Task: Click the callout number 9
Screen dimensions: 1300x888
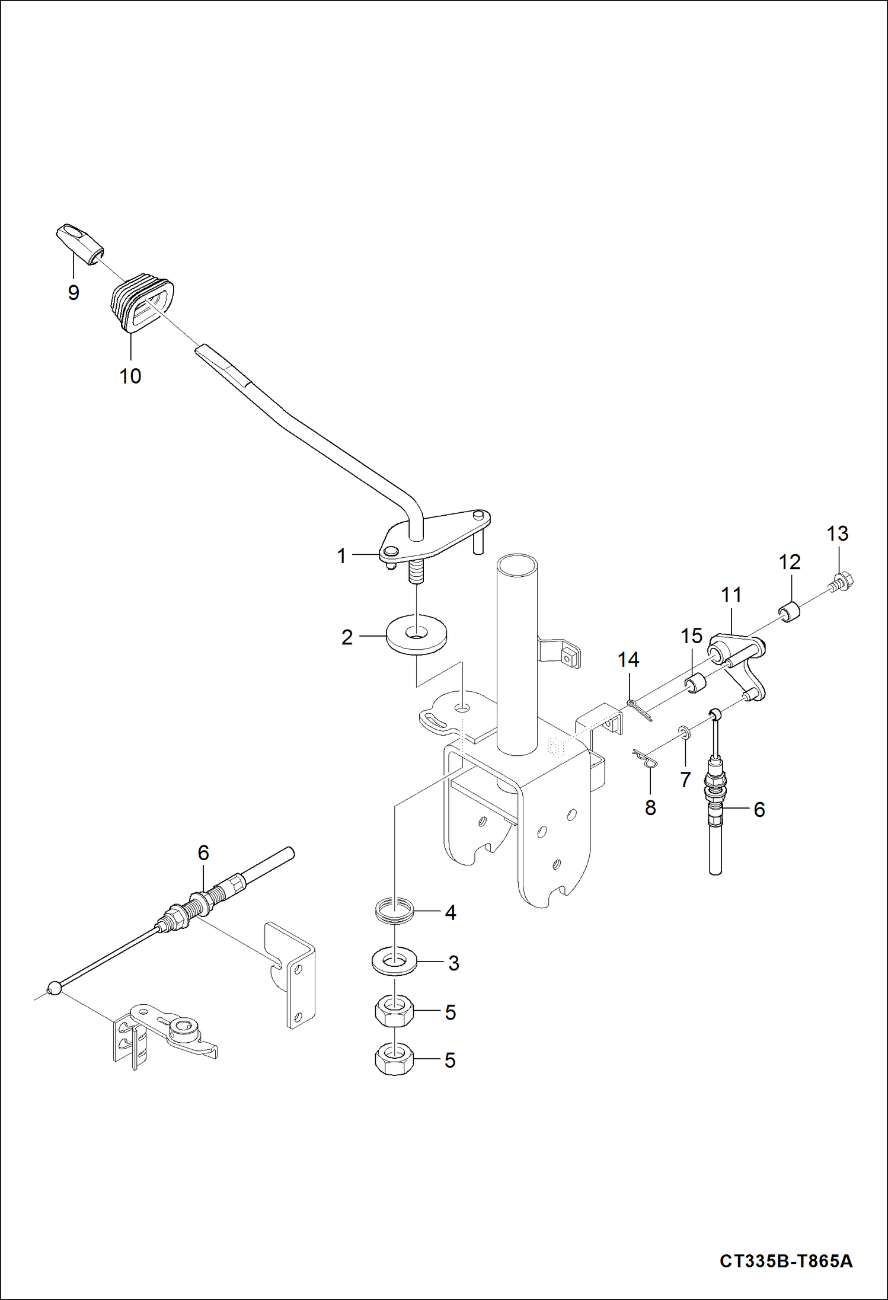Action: coord(74,292)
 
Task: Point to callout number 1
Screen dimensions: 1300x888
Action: coord(341,555)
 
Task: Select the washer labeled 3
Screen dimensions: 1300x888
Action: coord(394,961)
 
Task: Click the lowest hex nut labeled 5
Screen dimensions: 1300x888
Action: coord(394,1059)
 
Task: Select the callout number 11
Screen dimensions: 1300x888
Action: coord(732,595)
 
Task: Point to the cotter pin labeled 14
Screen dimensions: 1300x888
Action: coord(640,708)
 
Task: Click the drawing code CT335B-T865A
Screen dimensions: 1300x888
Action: coord(786,1260)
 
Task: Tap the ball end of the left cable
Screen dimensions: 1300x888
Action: coord(54,988)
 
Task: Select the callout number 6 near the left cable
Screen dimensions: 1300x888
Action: coord(203,852)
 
